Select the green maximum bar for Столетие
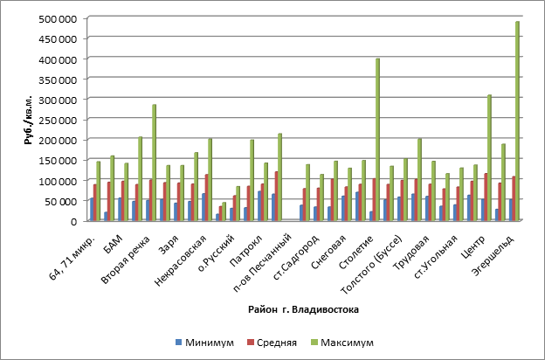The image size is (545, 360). pos(377,140)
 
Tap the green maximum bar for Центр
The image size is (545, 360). pos(489,157)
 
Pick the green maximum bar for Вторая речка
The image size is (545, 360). pos(154,163)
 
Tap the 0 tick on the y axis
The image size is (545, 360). pos(79,221)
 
